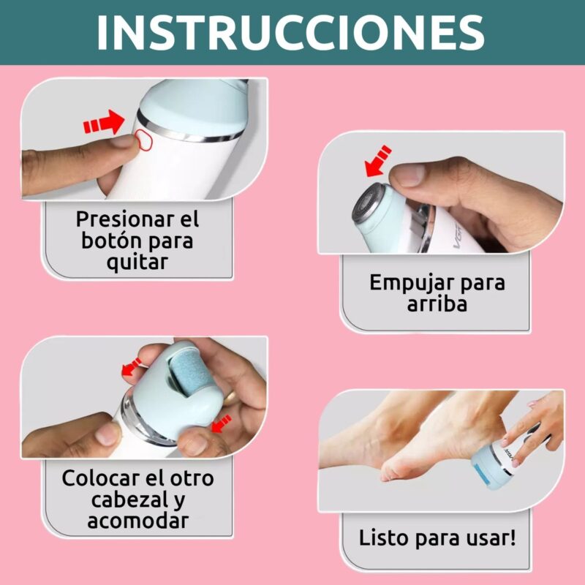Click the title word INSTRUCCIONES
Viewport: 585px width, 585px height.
pyautogui.click(x=290, y=32)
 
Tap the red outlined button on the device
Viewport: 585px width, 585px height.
pyautogui.click(x=143, y=140)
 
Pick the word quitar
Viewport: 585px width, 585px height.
pyautogui.click(x=137, y=263)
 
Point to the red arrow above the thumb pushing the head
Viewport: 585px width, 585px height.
pyautogui.click(x=378, y=161)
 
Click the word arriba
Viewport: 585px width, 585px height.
pyautogui.click(x=437, y=303)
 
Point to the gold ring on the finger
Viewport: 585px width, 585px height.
pyautogui.click(x=232, y=397)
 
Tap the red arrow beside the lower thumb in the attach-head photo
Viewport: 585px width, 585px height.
pyautogui.click(x=222, y=424)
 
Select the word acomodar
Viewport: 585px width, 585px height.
pyautogui.click(x=137, y=521)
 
